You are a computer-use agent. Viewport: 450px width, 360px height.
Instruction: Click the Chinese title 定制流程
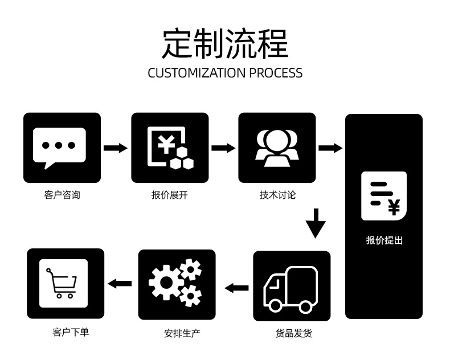tap(225, 44)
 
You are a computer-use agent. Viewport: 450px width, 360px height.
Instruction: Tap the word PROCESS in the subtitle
tap(276, 73)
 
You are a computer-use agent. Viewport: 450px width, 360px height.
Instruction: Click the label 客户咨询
tap(62, 195)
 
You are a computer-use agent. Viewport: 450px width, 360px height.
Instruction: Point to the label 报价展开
tap(170, 195)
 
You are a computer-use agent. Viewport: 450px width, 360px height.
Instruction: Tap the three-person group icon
tap(277, 148)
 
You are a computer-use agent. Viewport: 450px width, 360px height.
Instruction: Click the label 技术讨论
tap(277, 195)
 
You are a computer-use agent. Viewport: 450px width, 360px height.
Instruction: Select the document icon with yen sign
tap(384, 196)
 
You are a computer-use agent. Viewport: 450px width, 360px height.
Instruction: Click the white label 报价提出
tap(384, 240)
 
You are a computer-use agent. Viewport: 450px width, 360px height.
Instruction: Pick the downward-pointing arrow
tap(316, 223)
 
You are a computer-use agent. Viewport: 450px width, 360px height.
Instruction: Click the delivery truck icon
tap(291, 289)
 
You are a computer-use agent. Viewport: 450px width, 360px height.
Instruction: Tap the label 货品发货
tap(293, 333)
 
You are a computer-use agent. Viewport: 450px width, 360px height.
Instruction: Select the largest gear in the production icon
tap(166, 283)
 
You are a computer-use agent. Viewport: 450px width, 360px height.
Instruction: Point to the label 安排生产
tap(182, 333)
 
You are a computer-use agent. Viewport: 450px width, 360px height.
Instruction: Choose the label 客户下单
tap(71, 332)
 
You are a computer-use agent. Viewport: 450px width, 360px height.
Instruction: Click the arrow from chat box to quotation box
tap(116, 148)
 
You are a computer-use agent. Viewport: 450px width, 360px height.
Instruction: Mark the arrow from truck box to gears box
tap(236, 288)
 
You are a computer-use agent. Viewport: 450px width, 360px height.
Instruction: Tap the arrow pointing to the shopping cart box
tap(120, 283)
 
